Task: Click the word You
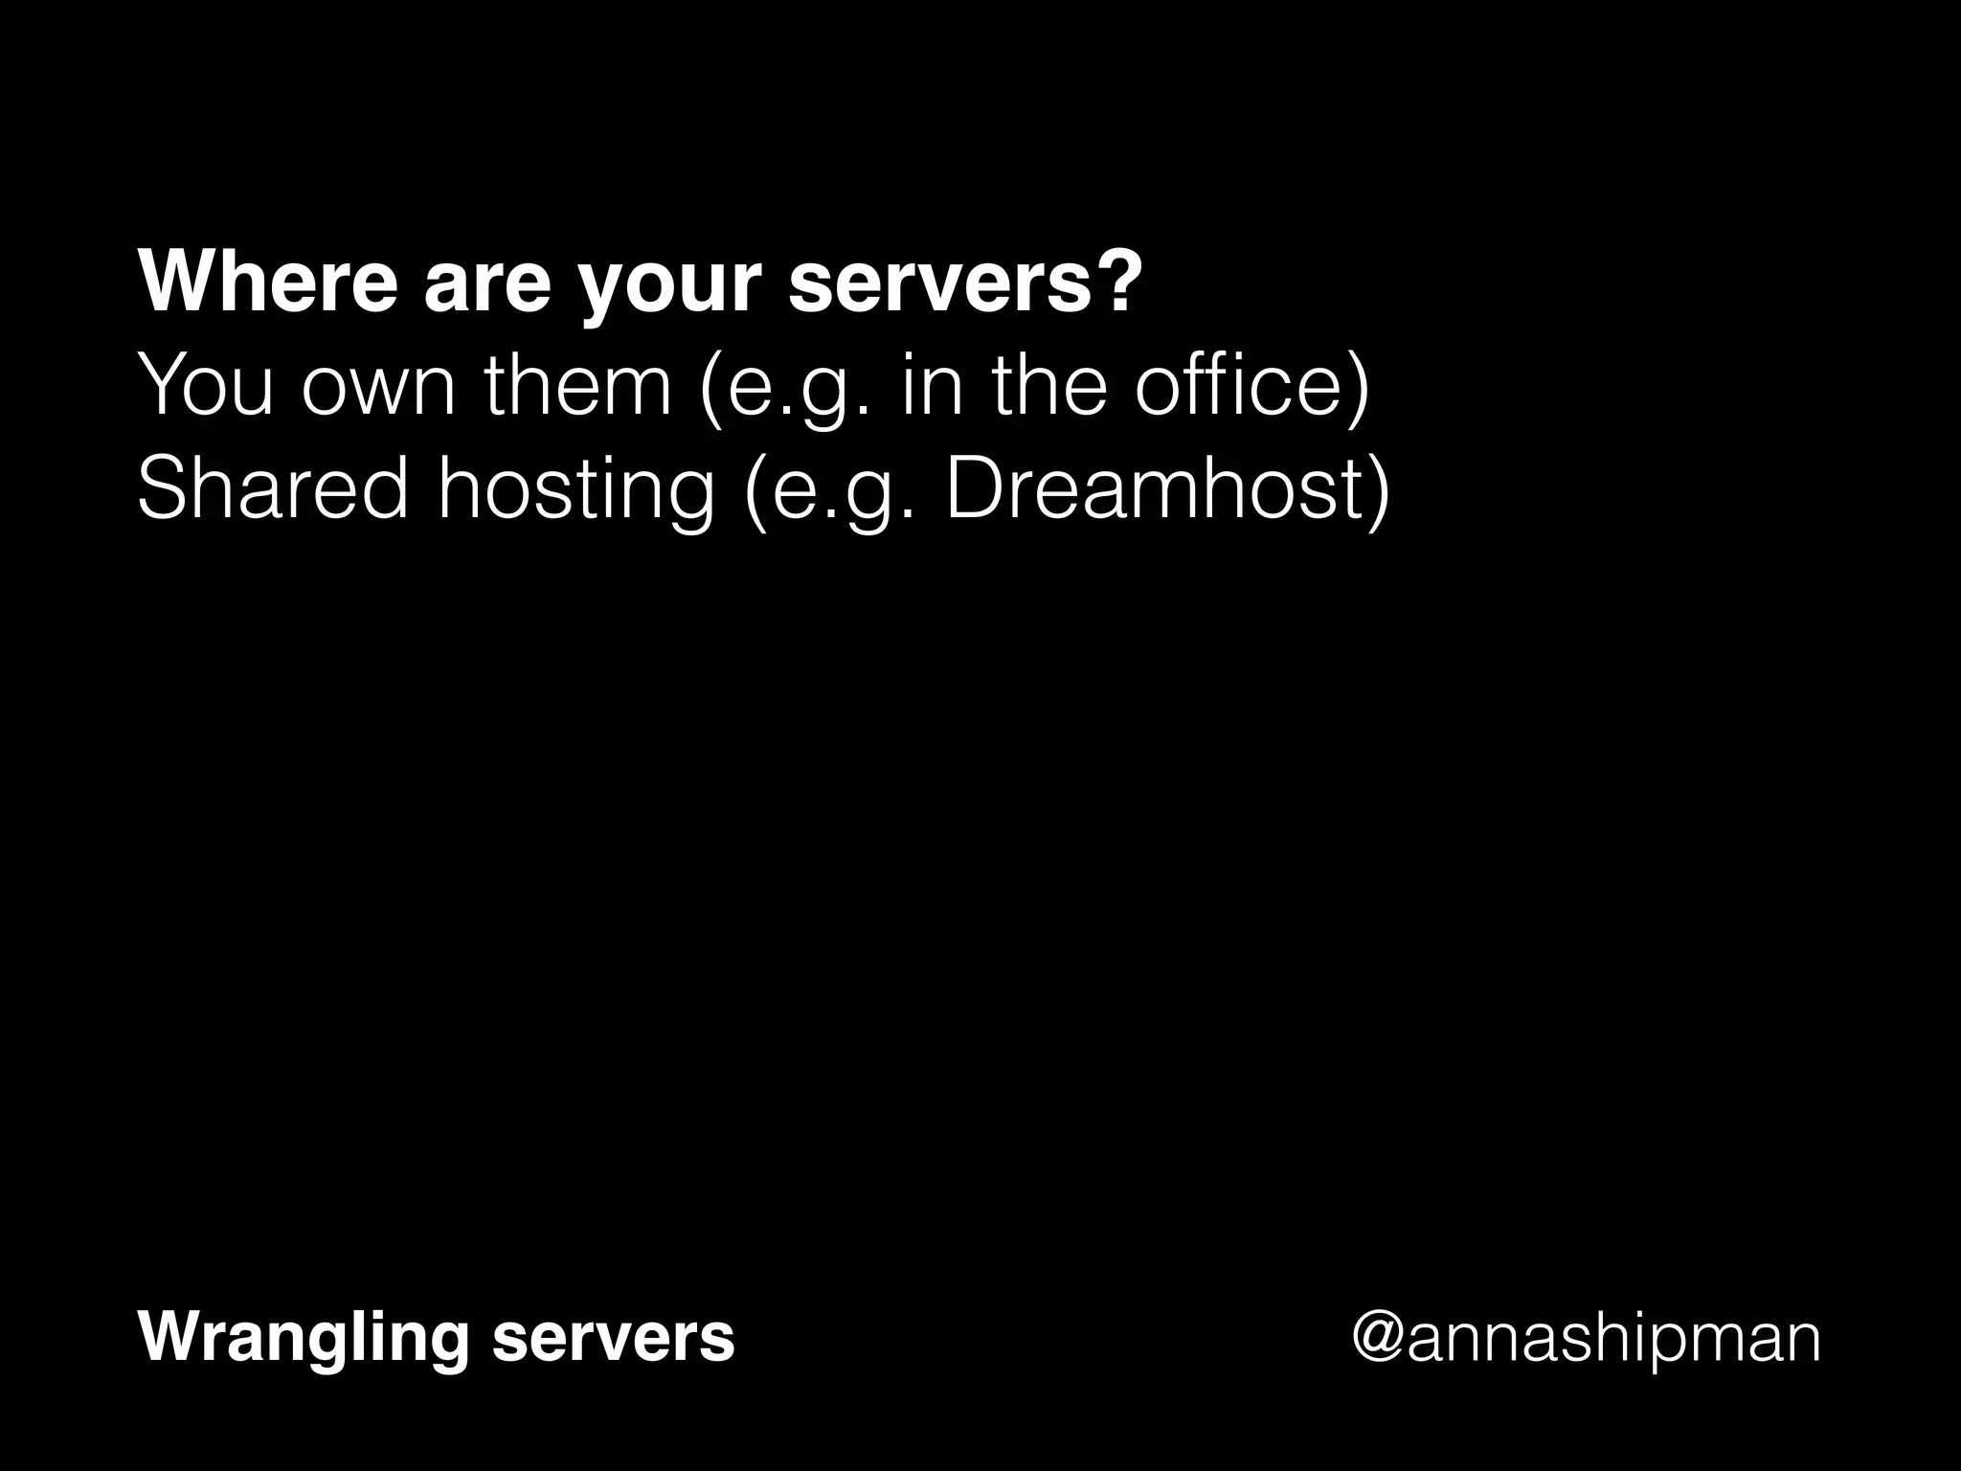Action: (x=206, y=385)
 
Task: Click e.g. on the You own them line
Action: (x=785, y=391)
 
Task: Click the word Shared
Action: (x=272, y=488)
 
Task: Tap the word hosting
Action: (x=575, y=492)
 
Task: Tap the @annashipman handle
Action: (x=1585, y=1339)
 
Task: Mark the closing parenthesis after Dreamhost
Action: (x=1377, y=490)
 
